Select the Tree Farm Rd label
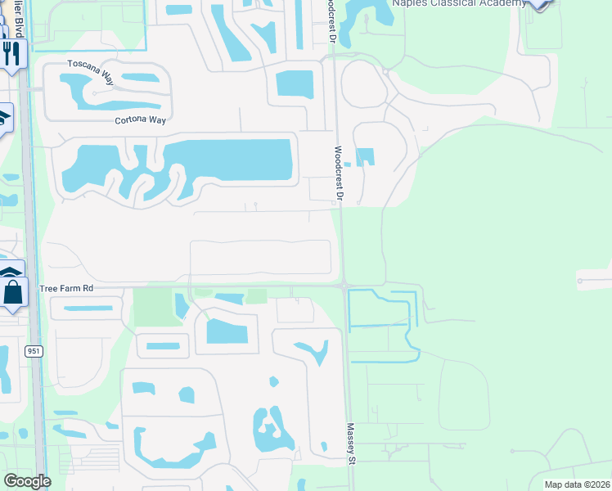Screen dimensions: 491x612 [67, 289]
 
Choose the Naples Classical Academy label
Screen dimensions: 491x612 [459, 4]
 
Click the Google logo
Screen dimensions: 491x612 [27, 481]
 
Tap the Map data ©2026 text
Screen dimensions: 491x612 [577, 484]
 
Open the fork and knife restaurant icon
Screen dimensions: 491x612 [11, 55]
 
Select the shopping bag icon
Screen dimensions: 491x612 [12, 292]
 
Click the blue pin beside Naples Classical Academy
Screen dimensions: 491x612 [538, 3]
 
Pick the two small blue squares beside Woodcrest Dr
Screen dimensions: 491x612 [364, 156]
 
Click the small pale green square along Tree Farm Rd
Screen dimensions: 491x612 [257, 296]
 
